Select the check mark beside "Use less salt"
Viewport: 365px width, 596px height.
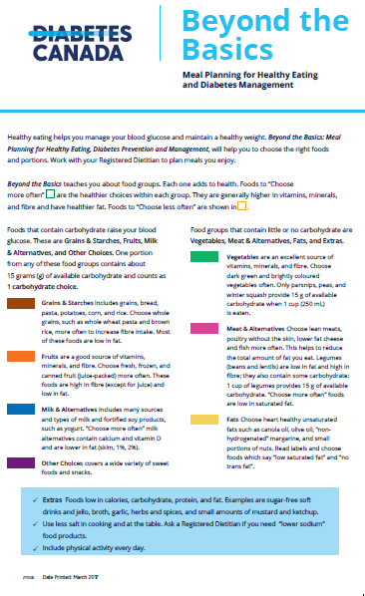tap(34, 524)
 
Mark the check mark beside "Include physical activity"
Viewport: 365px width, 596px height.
tap(34, 547)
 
